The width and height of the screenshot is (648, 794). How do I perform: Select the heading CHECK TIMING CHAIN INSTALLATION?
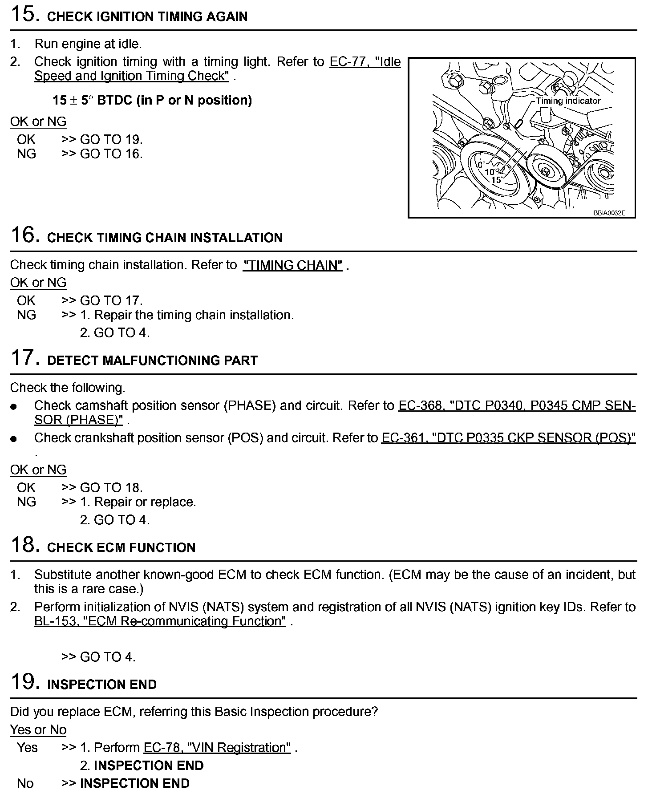click(165, 238)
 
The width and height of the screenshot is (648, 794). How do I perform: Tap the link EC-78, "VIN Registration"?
click(217, 747)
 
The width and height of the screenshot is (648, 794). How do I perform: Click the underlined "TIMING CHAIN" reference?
click(292, 265)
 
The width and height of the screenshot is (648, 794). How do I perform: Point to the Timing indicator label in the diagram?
click(568, 101)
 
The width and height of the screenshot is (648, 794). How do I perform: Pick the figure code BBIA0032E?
click(609, 213)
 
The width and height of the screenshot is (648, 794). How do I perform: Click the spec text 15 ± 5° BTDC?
click(152, 101)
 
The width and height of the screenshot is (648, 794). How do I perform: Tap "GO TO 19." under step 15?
click(111, 140)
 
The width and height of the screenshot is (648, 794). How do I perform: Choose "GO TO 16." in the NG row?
click(111, 154)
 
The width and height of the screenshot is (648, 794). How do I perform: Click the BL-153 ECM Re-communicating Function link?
click(160, 621)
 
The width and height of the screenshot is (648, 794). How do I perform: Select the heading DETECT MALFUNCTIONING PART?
click(152, 361)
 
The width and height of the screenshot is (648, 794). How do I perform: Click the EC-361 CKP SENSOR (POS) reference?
click(508, 438)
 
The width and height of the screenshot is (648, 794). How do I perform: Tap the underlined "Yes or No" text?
click(38, 730)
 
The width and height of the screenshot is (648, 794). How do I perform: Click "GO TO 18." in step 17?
click(111, 488)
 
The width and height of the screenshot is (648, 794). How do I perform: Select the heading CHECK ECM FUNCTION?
click(121, 547)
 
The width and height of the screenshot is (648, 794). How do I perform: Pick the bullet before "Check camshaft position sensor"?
click(14, 407)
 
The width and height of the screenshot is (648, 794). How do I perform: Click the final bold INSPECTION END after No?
click(134, 783)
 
